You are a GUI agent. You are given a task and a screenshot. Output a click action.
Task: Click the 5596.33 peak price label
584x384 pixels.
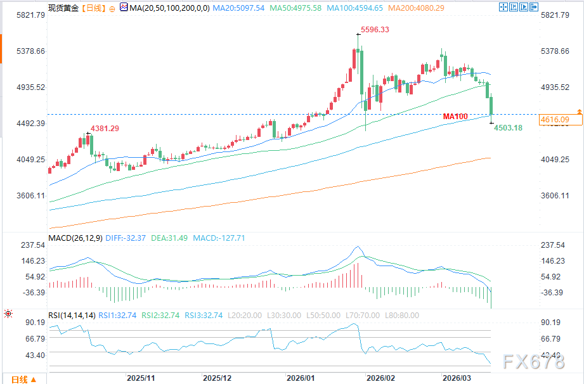[x=375, y=30]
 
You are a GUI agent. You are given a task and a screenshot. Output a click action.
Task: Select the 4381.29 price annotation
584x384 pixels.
[x=105, y=128]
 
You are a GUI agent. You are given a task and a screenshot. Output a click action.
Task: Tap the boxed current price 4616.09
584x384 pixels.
[x=554, y=119]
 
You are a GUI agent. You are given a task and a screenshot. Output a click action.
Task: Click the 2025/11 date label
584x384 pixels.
[x=141, y=377]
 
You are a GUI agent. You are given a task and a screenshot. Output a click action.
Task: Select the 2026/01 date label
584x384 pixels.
[x=301, y=377]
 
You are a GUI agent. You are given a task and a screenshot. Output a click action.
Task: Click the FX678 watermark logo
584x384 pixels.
[x=534, y=362]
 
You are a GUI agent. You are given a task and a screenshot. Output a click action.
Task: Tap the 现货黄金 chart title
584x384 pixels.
[x=65, y=8]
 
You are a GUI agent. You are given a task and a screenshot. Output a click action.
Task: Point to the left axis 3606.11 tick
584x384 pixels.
[x=22, y=195]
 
